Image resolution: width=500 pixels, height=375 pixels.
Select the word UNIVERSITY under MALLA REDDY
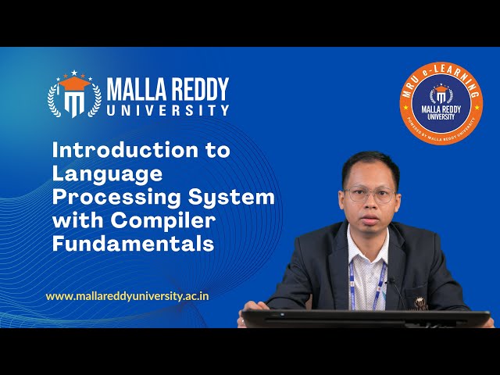coord(167,110)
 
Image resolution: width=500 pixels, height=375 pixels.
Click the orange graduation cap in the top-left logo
coord(74,82)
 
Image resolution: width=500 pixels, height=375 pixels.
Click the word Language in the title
coord(107,173)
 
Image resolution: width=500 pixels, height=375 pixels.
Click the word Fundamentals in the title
coord(133,244)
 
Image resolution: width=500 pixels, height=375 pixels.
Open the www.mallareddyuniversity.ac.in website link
coord(127,296)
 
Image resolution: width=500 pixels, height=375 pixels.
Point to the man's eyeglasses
coord(368,195)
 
